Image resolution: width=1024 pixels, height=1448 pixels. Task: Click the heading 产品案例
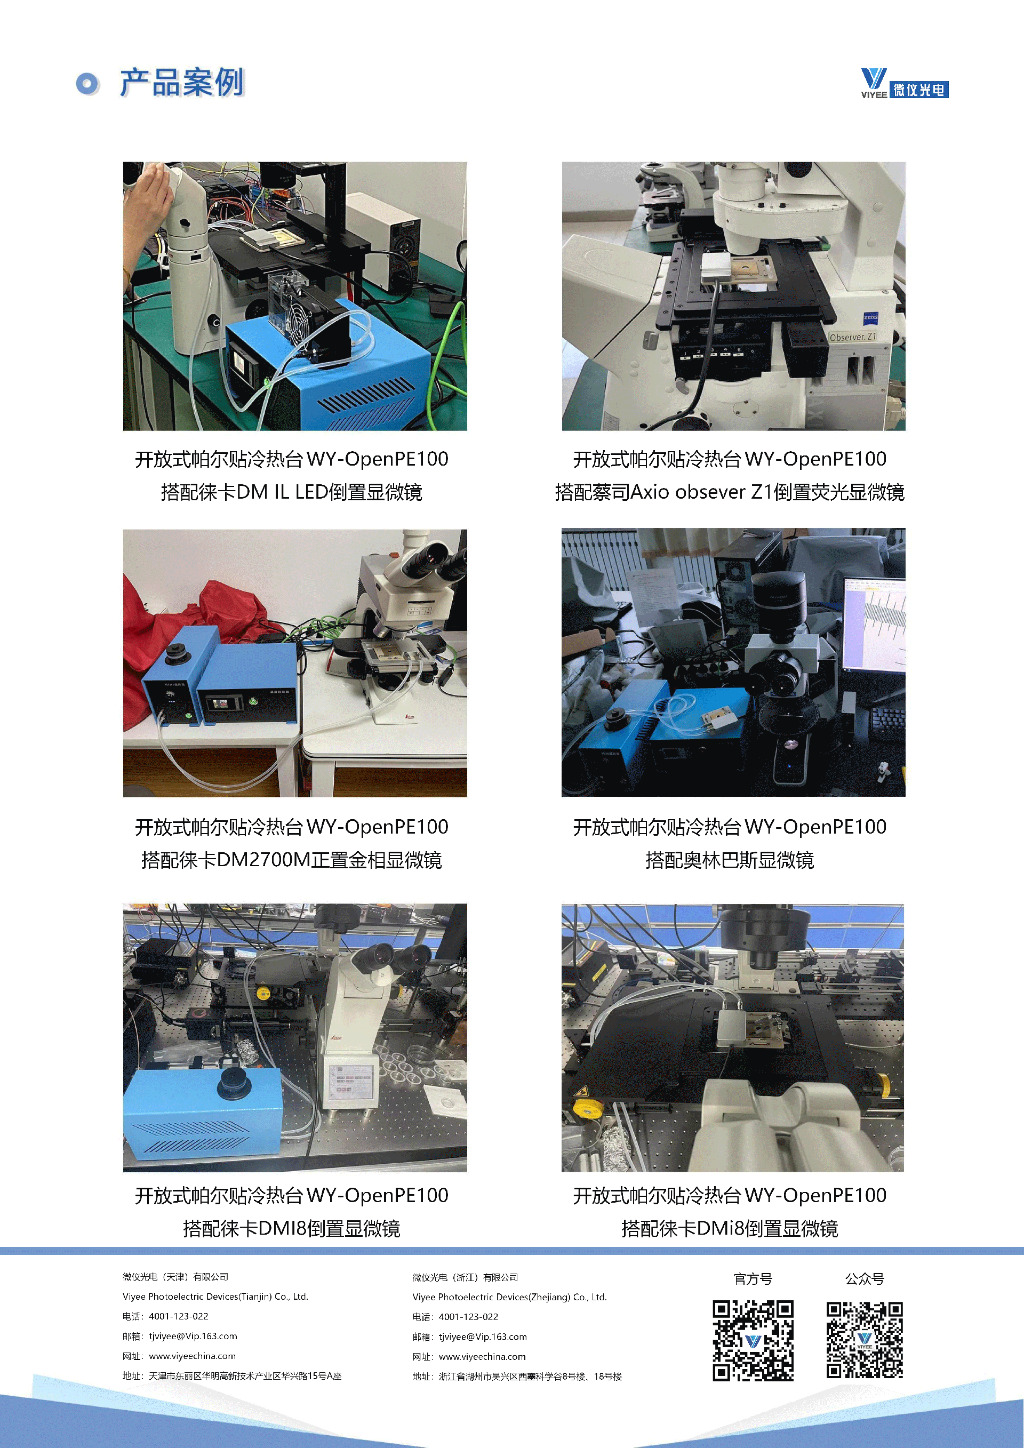click(181, 83)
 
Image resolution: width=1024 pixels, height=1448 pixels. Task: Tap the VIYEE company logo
click(904, 83)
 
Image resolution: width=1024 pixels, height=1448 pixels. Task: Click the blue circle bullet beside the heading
click(87, 83)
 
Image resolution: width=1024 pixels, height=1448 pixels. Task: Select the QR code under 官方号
click(753, 1340)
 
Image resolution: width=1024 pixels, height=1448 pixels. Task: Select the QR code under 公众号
click(865, 1340)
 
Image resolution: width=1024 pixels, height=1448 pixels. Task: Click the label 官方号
click(753, 1278)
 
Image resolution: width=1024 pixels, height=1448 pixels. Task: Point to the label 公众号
click(865, 1278)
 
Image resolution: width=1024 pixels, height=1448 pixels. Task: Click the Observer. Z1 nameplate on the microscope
click(852, 337)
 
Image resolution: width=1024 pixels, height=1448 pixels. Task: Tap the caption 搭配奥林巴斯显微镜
click(730, 860)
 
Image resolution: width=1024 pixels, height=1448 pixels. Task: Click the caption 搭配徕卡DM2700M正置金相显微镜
click(291, 860)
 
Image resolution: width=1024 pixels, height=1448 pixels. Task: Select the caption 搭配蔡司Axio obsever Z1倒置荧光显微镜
click(730, 491)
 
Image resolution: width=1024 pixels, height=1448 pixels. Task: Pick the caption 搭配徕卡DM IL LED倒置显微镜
click(291, 491)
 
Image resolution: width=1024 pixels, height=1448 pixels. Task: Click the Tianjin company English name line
click(215, 1297)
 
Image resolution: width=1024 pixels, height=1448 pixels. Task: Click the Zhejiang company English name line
click(509, 1297)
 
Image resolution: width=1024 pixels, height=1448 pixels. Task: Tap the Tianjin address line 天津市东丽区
click(232, 1375)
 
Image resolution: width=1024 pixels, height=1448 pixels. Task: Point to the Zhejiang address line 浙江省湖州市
click(517, 1376)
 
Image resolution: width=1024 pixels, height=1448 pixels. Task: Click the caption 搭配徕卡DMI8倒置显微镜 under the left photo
click(291, 1228)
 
